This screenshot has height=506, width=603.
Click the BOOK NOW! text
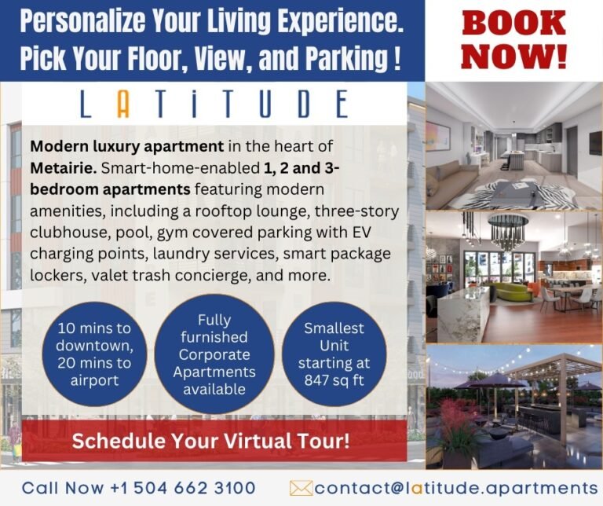513,39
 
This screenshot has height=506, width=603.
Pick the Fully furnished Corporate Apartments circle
214,354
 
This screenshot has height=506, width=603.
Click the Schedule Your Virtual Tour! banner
210,441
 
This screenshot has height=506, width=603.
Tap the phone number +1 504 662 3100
177,488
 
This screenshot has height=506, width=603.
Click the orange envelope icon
301,488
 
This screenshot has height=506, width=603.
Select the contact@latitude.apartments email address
456,488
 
